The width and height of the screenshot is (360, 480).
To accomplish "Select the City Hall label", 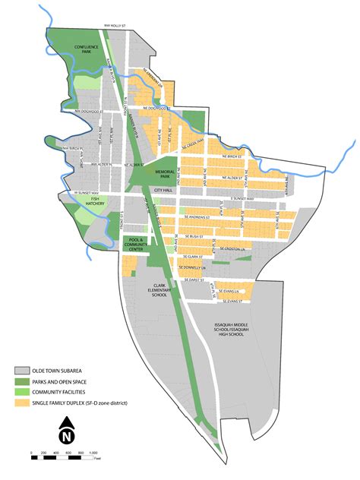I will (x=163, y=190).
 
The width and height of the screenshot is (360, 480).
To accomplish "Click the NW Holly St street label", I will (x=117, y=25).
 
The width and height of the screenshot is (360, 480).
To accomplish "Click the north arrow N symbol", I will (x=68, y=436).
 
